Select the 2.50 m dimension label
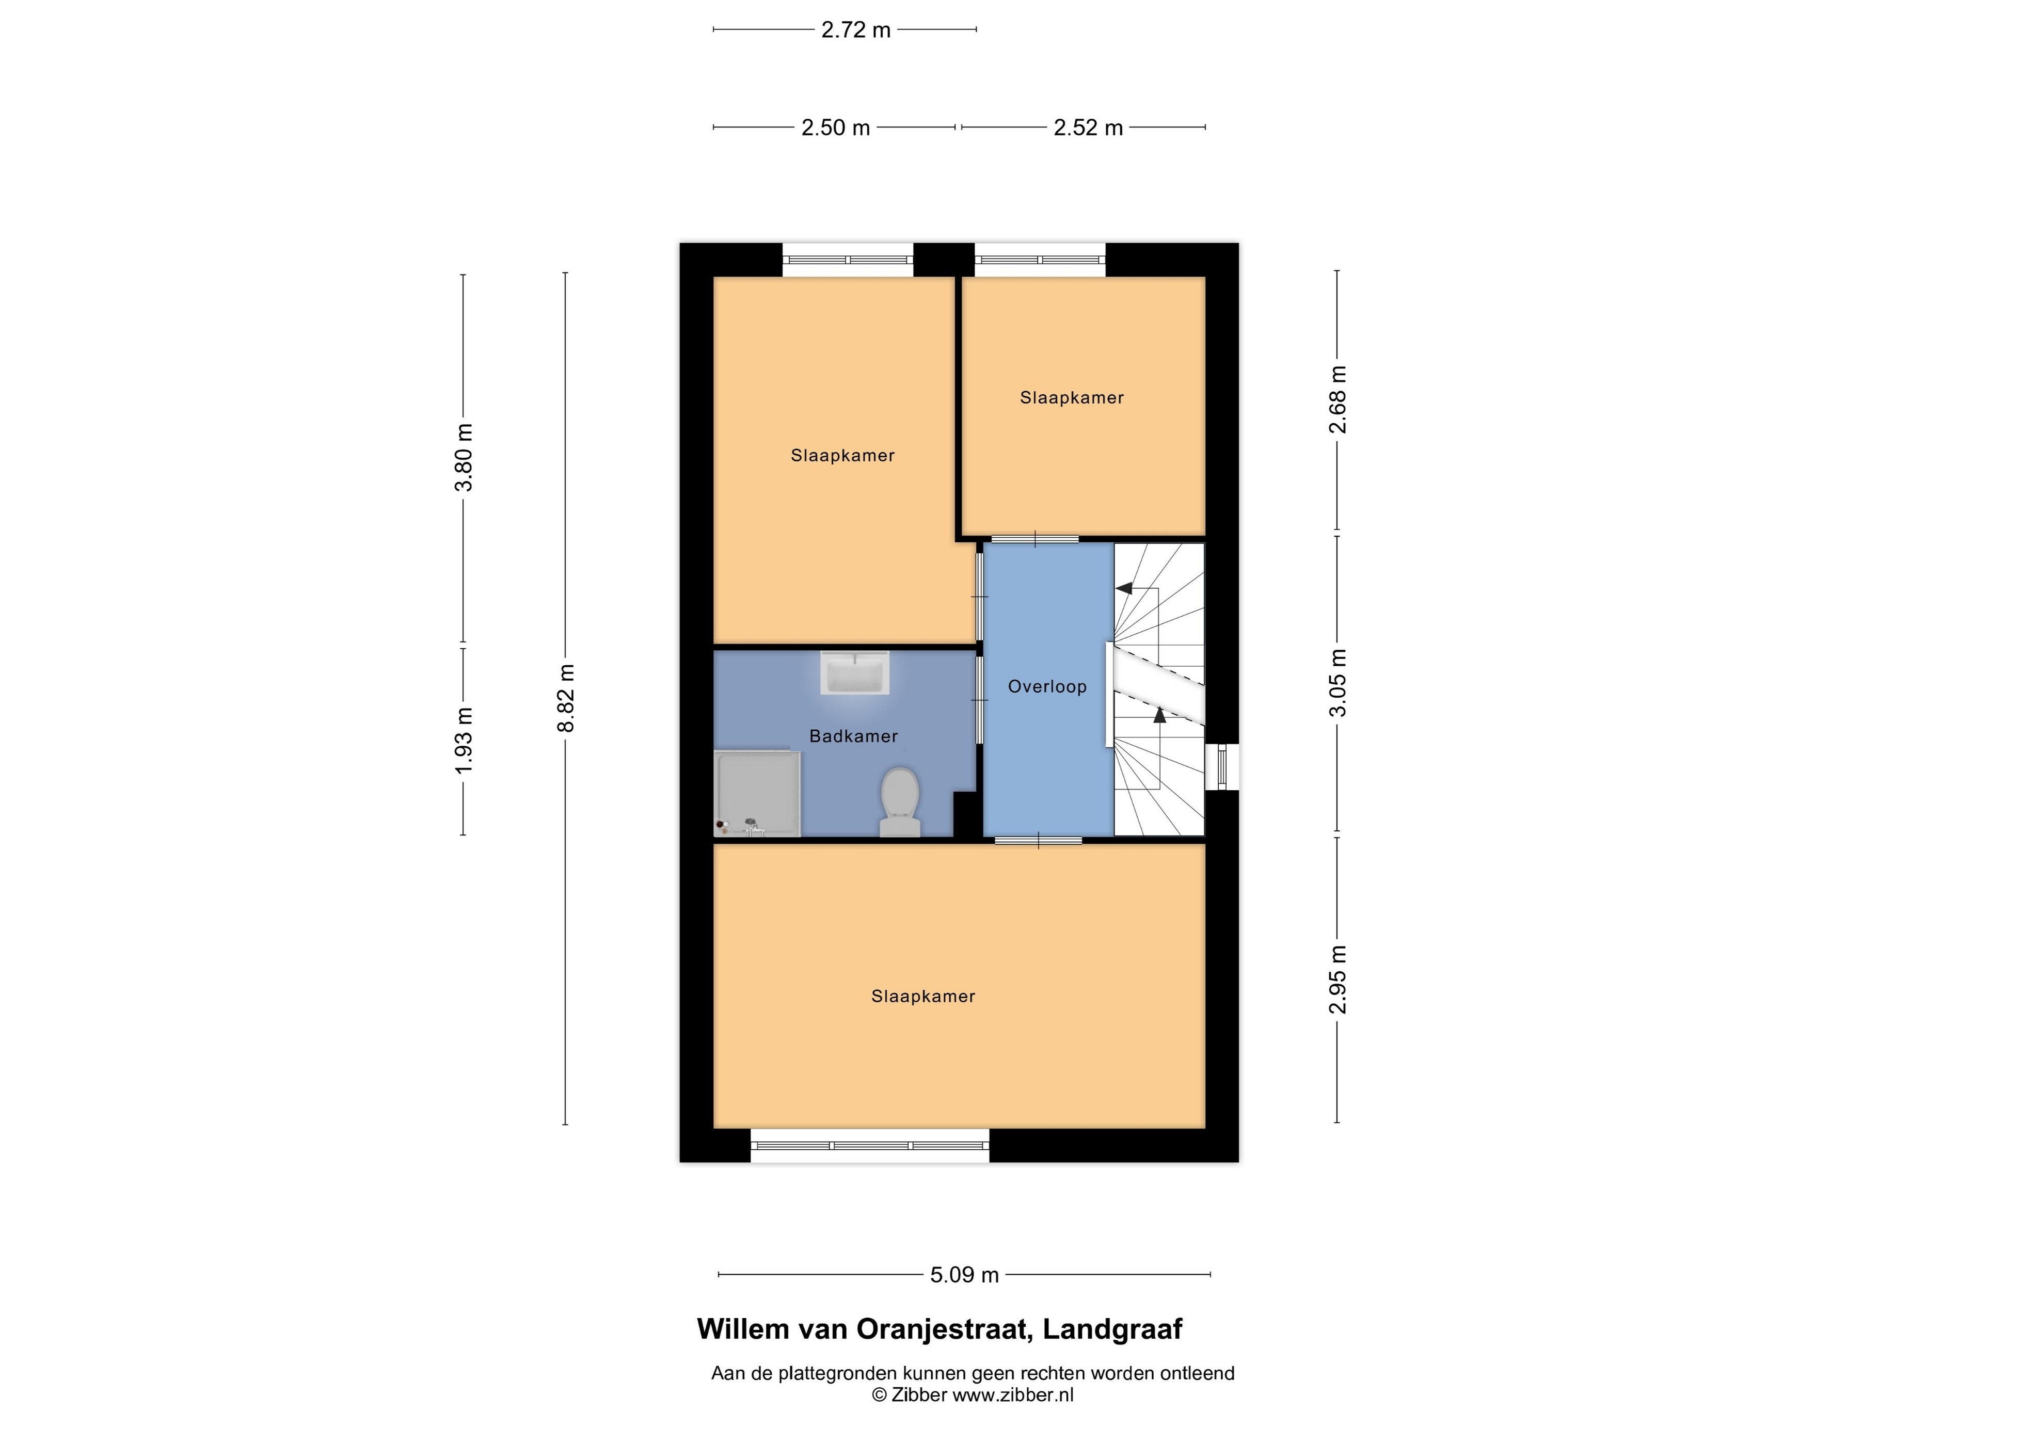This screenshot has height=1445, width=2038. point(836,128)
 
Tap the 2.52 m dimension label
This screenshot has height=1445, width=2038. point(1088,128)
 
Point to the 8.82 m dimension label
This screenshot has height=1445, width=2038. point(566,698)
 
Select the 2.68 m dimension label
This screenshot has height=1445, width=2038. point(1338,399)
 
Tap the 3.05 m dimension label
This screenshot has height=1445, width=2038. point(1338,682)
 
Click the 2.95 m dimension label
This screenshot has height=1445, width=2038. point(1338,980)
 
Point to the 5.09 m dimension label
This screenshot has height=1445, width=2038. point(965,1275)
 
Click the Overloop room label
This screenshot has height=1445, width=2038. point(1047,687)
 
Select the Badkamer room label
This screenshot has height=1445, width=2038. point(853,737)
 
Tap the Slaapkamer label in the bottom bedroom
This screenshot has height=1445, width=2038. point(923,997)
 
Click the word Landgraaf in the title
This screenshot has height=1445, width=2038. point(1112,1329)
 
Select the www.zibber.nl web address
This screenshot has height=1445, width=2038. point(1013,1395)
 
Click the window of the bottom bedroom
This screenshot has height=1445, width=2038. point(869,1146)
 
